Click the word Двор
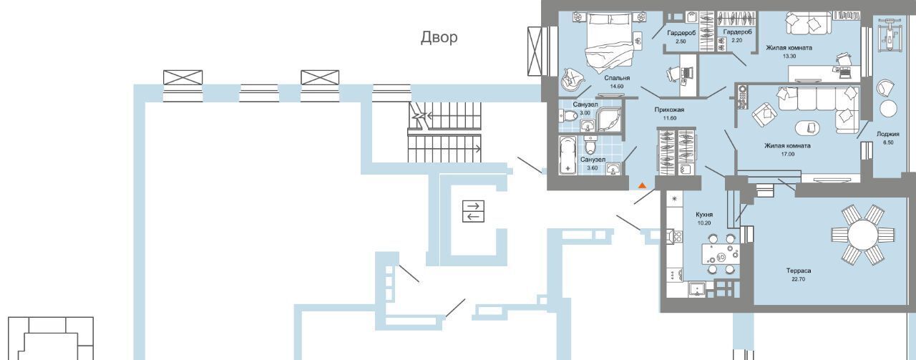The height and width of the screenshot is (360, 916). [438, 38]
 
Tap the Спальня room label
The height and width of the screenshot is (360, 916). [616, 77]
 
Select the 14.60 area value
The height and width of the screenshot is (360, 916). [616, 86]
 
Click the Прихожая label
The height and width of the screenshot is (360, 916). [669, 110]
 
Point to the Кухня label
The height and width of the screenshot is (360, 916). [704, 214]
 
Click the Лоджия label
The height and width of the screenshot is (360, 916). [887, 134]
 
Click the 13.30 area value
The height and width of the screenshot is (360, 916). [789, 57]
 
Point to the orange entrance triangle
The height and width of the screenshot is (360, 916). [642, 185]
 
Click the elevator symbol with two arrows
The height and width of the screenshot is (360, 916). [473, 211]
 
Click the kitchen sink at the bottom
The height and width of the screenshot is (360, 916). [697, 289]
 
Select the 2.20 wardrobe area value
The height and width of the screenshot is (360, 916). [736, 41]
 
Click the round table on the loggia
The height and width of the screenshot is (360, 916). [888, 109]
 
